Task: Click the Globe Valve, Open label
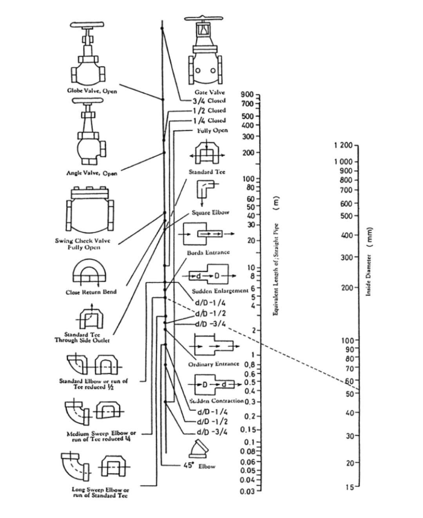tap(92, 91)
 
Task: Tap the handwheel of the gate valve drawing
tap(203, 19)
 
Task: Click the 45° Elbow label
tap(199, 466)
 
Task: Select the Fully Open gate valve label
tap(212, 130)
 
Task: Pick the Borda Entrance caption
tap(208, 252)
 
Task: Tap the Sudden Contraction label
tap(217, 401)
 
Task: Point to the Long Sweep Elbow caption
tap(101, 492)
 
